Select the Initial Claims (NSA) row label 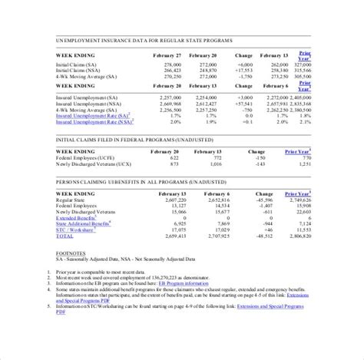click(x=78, y=71)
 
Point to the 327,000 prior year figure click(x=303, y=64)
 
